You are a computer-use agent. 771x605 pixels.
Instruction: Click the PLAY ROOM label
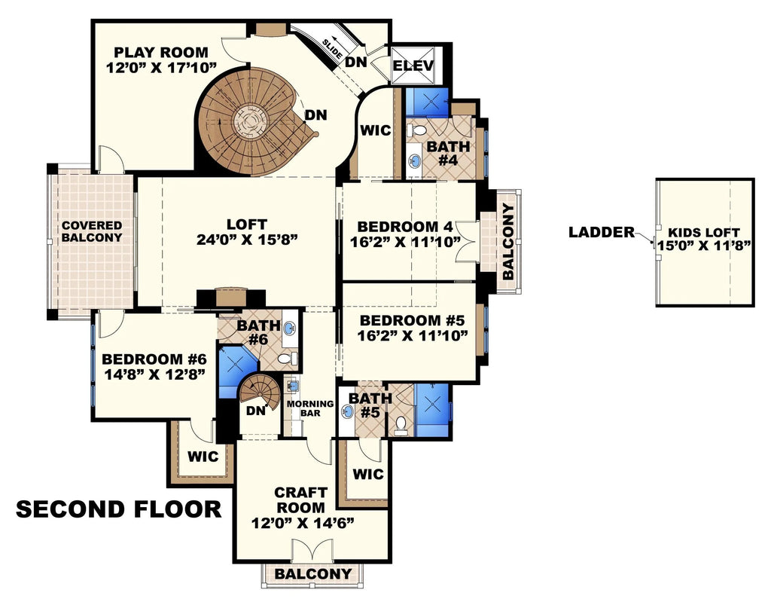point(160,53)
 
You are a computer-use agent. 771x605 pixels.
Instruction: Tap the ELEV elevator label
point(413,66)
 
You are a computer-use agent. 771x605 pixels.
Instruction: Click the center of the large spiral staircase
point(249,121)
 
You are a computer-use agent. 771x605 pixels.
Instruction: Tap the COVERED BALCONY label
point(91,231)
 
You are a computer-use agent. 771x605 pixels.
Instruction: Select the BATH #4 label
point(448,153)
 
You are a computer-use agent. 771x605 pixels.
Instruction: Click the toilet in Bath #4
point(416,131)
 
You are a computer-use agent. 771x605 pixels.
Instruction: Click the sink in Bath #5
point(348,412)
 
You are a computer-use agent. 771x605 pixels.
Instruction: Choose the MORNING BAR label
point(309,408)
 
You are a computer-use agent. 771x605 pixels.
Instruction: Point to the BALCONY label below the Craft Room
point(312,574)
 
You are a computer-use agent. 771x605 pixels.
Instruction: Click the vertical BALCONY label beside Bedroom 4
point(509,242)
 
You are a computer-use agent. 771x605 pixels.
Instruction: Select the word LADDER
point(602,233)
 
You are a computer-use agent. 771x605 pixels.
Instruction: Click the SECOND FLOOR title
point(119,510)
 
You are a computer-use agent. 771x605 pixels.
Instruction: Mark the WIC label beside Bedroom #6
point(203,456)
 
